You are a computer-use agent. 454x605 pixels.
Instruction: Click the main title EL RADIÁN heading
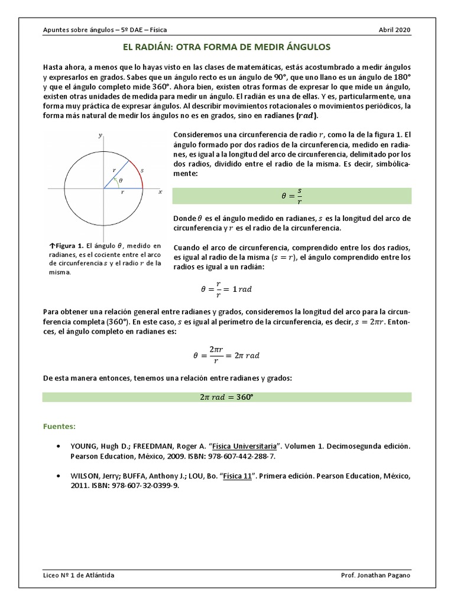pyautogui.click(x=227, y=46)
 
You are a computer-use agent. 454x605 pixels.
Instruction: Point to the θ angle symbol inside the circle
pyautogui.click(x=121, y=181)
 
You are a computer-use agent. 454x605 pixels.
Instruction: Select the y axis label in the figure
pyautogui.click(x=100, y=135)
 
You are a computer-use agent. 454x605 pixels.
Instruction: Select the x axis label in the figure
pyautogui.click(x=160, y=192)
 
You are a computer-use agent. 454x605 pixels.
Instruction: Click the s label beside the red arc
pyautogui.click(x=143, y=170)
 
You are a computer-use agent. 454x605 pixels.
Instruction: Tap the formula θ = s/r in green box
pyautogui.click(x=291, y=196)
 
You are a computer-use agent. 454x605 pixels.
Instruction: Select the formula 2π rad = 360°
pyautogui.click(x=227, y=397)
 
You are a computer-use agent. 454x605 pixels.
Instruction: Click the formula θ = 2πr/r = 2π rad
pyautogui.click(x=227, y=355)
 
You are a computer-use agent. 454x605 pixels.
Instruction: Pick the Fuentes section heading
pyautogui.click(x=60, y=426)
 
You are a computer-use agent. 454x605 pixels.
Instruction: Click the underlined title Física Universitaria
pyautogui.click(x=247, y=447)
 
